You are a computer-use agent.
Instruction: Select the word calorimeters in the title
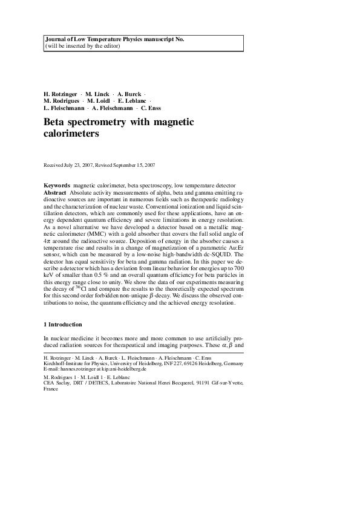click(x=71, y=135)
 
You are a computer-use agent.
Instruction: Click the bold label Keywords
click(x=57, y=184)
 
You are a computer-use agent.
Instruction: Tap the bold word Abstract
click(x=56, y=192)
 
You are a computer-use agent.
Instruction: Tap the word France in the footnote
click(x=52, y=390)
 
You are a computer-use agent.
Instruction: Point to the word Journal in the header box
click(x=56, y=39)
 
